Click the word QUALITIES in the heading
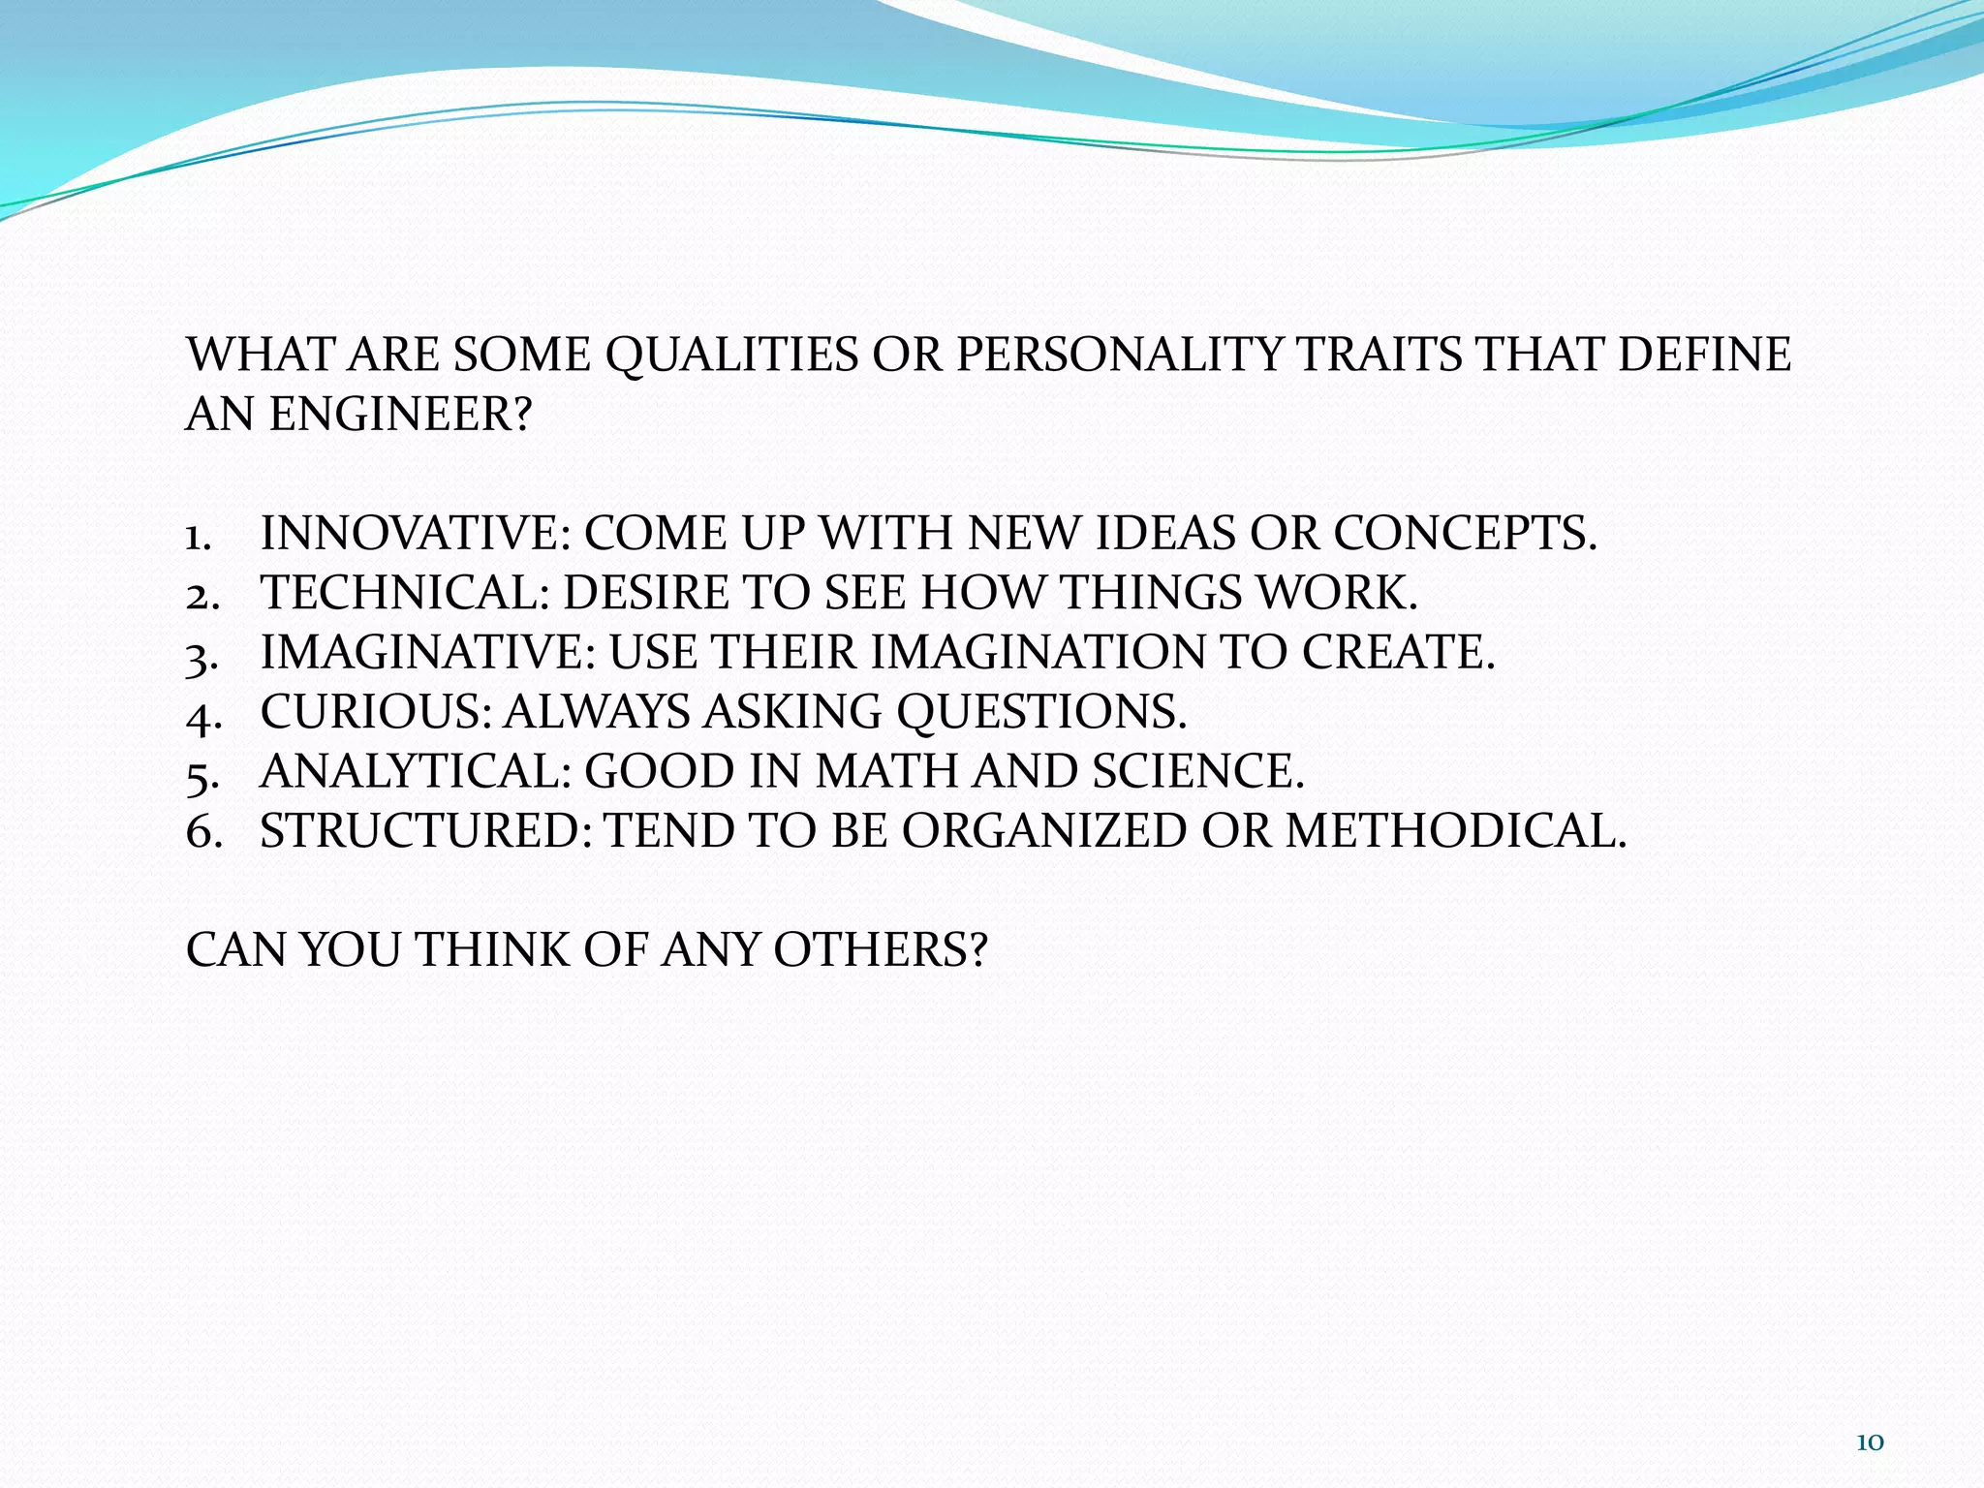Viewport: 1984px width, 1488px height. tap(731, 356)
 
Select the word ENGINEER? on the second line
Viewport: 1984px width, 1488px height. tap(400, 415)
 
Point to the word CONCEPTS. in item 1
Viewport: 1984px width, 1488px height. tap(1465, 534)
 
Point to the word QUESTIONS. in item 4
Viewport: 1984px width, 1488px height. tap(1041, 712)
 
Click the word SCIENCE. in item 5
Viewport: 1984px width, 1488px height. tap(1198, 771)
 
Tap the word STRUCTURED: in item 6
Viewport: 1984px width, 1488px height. tap(426, 831)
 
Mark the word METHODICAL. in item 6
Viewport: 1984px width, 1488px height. tap(1456, 831)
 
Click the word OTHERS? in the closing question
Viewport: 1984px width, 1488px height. tap(880, 950)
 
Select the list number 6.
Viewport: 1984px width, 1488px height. tap(201, 832)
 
